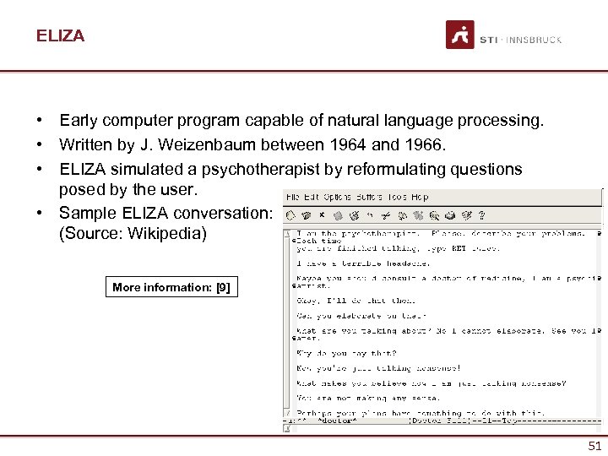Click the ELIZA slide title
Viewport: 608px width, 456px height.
[x=60, y=35]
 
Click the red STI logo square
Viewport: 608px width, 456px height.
[x=460, y=35]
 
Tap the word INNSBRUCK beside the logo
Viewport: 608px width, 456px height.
[x=535, y=40]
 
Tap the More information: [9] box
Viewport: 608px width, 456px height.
[x=171, y=287]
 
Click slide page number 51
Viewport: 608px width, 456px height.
[x=594, y=446]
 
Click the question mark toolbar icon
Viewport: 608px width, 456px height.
[x=480, y=215]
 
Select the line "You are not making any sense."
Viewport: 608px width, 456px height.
[x=356, y=399]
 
